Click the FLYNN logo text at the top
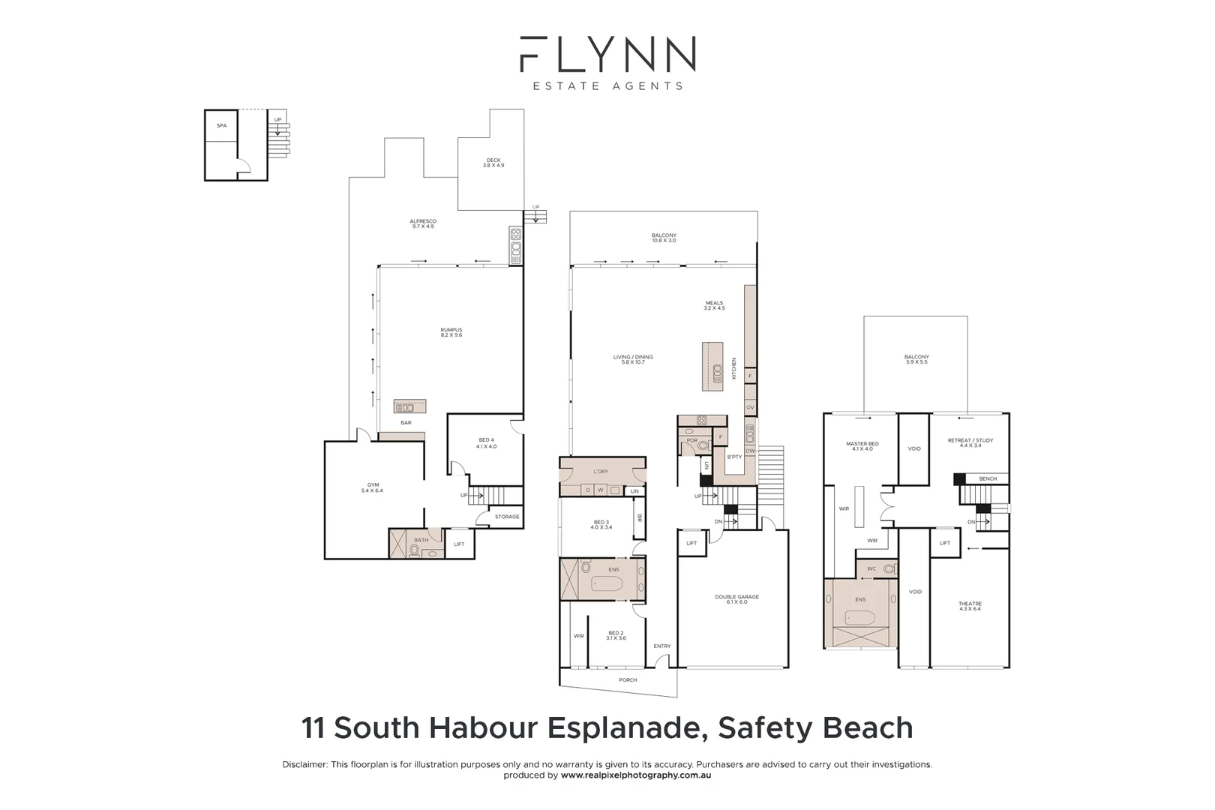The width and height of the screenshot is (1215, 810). (607, 54)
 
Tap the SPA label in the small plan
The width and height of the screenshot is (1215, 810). (221, 126)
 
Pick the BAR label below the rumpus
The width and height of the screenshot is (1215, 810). (406, 423)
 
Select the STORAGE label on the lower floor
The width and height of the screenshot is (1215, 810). (507, 517)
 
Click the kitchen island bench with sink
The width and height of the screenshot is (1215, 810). (712, 367)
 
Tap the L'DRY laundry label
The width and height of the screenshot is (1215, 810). (601, 472)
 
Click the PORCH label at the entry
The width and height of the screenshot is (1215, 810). (628, 680)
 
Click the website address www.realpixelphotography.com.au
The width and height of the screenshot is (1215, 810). (635, 775)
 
